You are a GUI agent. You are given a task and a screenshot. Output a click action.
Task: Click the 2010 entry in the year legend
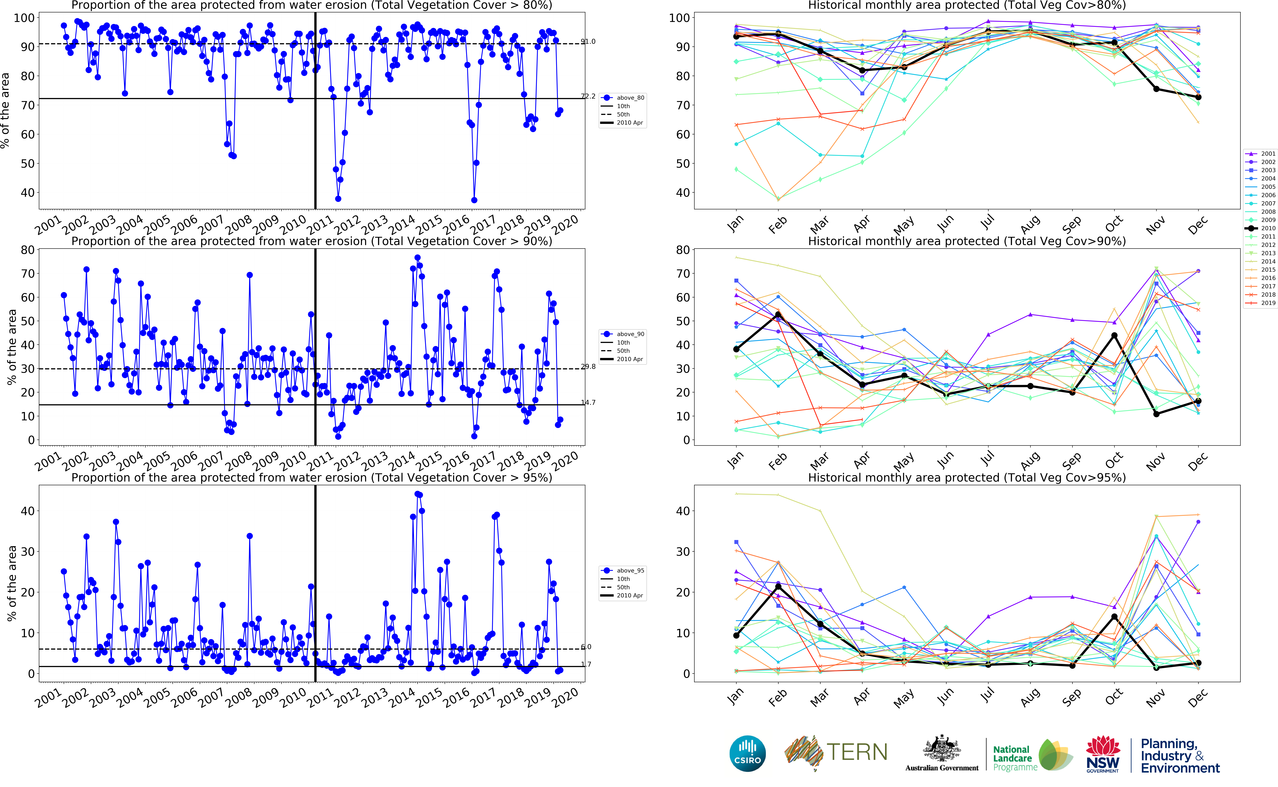(x=1268, y=228)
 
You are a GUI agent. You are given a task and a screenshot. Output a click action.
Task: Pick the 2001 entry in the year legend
(x=1268, y=154)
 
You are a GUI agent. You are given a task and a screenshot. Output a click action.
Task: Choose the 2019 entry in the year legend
(x=1268, y=303)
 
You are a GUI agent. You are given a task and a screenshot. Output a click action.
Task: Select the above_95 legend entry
(x=630, y=570)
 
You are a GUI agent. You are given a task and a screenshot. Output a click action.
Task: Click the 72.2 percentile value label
(x=588, y=96)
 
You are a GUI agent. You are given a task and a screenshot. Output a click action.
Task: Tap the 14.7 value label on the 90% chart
(x=588, y=402)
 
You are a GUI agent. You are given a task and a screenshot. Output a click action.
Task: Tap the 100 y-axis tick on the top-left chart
(x=24, y=18)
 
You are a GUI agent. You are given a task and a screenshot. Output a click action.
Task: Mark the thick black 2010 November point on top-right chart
(x=1156, y=89)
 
